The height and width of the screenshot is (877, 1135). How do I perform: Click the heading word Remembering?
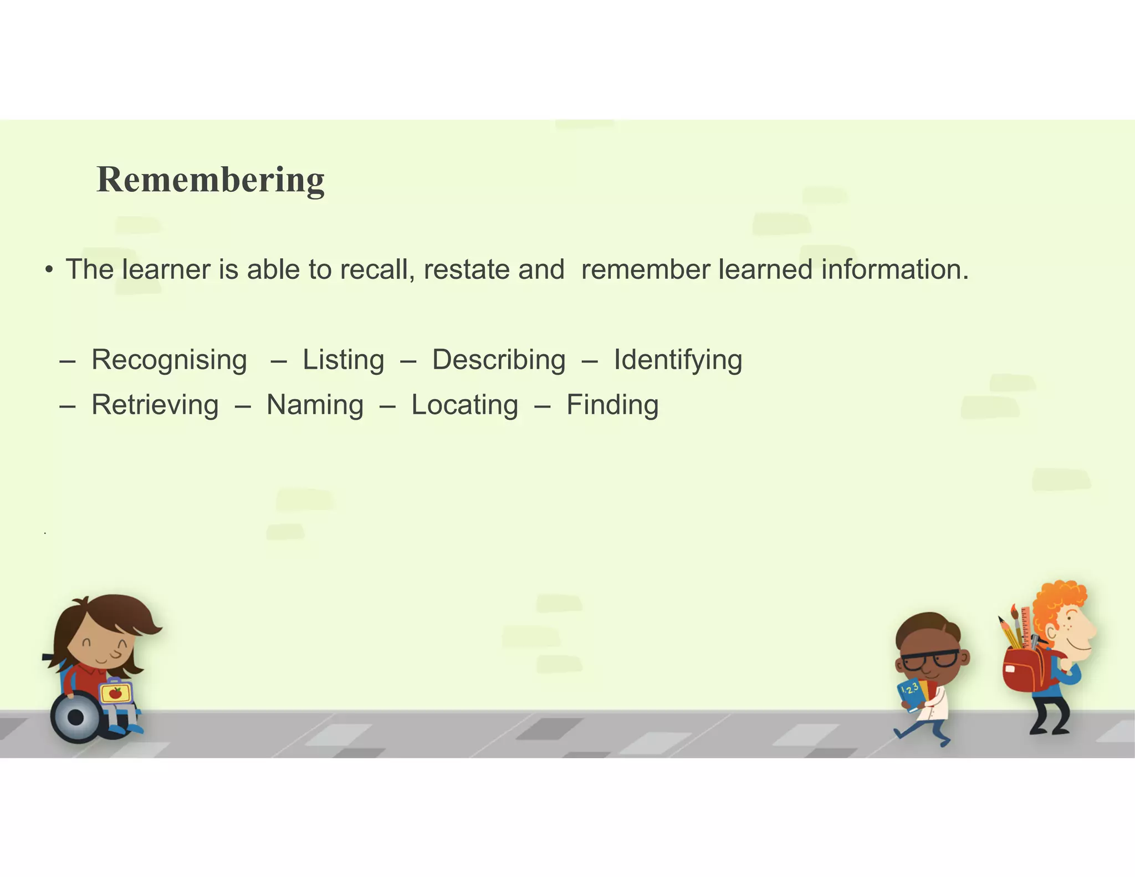(211, 180)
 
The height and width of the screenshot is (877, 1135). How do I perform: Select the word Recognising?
(169, 360)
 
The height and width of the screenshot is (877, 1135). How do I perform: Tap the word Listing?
(343, 360)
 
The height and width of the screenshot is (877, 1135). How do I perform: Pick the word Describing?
(499, 360)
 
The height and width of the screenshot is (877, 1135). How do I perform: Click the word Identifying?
(678, 360)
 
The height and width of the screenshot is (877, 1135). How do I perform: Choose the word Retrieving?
(155, 405)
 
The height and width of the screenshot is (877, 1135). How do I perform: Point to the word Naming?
(315, 405)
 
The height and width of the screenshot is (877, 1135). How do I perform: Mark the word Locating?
(464, 405)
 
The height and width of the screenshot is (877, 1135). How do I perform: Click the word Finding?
(612, 405)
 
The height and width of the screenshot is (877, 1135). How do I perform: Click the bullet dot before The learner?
(49, 271)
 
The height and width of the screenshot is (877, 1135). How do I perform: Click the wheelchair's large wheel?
(76, 717)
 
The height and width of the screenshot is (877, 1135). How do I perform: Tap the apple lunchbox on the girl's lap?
(116, 692)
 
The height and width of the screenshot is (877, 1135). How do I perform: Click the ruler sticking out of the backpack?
(1025, 626)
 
